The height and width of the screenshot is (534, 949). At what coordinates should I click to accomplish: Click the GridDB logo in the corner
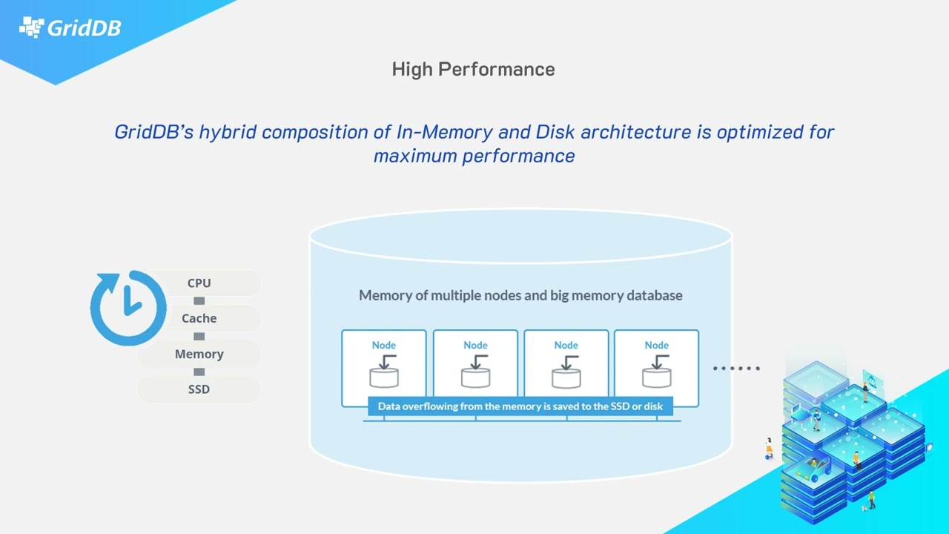(70, 28)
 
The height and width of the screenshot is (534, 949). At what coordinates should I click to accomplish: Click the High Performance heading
(473, 69)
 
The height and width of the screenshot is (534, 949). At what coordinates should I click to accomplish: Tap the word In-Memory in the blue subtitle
(444, 132)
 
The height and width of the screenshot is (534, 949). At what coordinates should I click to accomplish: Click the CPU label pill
(199, 283)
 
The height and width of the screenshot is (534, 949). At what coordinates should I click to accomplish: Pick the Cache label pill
(199, 318)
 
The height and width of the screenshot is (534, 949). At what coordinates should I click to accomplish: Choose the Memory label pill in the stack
(199, 354)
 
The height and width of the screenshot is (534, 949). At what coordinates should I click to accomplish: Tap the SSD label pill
(199, 389)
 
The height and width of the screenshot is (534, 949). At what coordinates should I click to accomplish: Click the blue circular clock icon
(128, 307)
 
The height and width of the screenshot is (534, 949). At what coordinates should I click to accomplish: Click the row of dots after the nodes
(736, 368)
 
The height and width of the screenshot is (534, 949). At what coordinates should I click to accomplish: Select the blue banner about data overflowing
(520, 406)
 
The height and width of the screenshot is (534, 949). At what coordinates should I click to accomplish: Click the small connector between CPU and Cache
(199, 300)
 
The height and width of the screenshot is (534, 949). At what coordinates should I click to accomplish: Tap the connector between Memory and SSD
(199, 372)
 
